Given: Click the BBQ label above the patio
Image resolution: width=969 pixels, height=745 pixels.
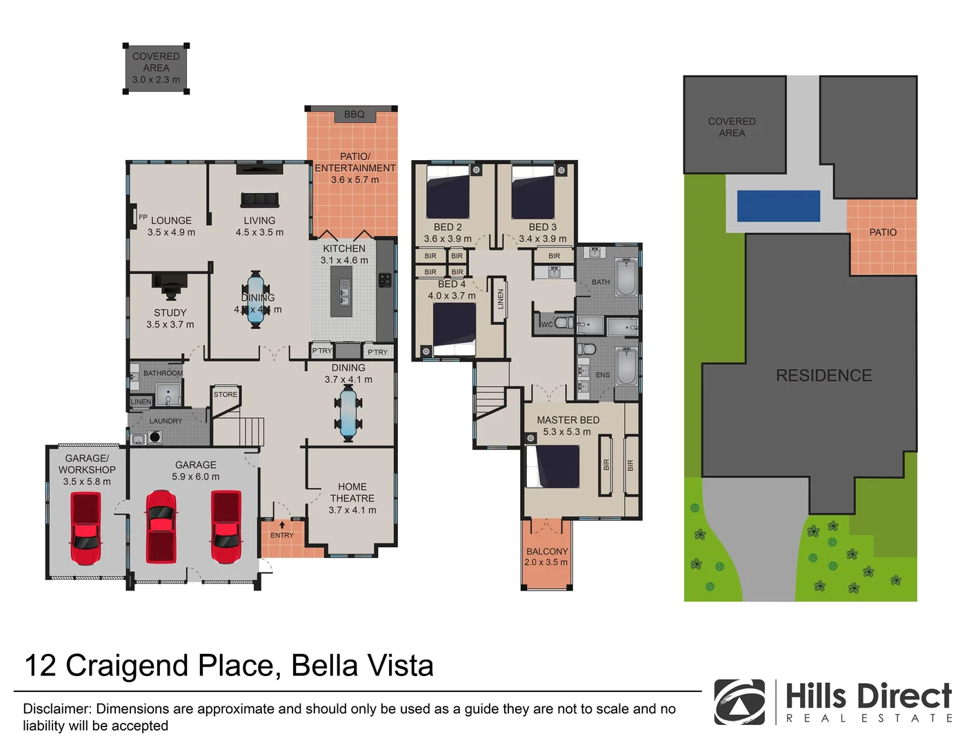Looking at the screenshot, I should pos(354,115).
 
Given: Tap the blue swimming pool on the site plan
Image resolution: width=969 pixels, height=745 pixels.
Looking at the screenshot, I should pos(779,206).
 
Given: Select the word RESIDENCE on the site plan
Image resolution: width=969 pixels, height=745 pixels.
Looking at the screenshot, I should pos(823,375).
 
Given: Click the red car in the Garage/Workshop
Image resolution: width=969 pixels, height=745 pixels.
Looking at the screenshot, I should pos(86,528).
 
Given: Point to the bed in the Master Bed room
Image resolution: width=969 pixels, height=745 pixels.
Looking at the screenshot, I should pos(552,467).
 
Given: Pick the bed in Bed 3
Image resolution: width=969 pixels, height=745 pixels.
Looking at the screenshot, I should pos(533,192).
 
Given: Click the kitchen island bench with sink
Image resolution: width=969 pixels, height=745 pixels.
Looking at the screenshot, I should pos(341,291).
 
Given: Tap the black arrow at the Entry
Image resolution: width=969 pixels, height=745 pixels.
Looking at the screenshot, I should pos(281,525).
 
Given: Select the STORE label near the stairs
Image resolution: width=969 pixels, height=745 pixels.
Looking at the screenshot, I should pos(226,395).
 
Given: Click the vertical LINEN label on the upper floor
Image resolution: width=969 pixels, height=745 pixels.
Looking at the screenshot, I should pos(501,299).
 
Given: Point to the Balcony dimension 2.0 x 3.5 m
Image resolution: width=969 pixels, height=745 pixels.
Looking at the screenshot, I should pos(546,562).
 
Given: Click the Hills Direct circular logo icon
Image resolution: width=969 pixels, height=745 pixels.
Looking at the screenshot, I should pos(739,702).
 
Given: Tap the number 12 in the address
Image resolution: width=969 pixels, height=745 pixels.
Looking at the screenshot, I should pos(40,666).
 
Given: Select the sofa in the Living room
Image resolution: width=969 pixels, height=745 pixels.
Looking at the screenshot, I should pos(259,200).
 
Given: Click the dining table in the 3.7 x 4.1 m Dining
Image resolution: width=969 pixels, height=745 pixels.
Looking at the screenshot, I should pos(348,413).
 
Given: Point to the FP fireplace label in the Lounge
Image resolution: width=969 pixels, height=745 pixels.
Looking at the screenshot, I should pos(143,217).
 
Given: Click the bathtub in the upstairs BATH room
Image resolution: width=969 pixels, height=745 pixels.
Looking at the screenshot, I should pos(626,277).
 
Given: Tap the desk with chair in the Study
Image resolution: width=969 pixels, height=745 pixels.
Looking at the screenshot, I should pos(170,282).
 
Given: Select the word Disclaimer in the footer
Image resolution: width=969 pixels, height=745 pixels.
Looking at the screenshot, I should pos(57,708).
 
